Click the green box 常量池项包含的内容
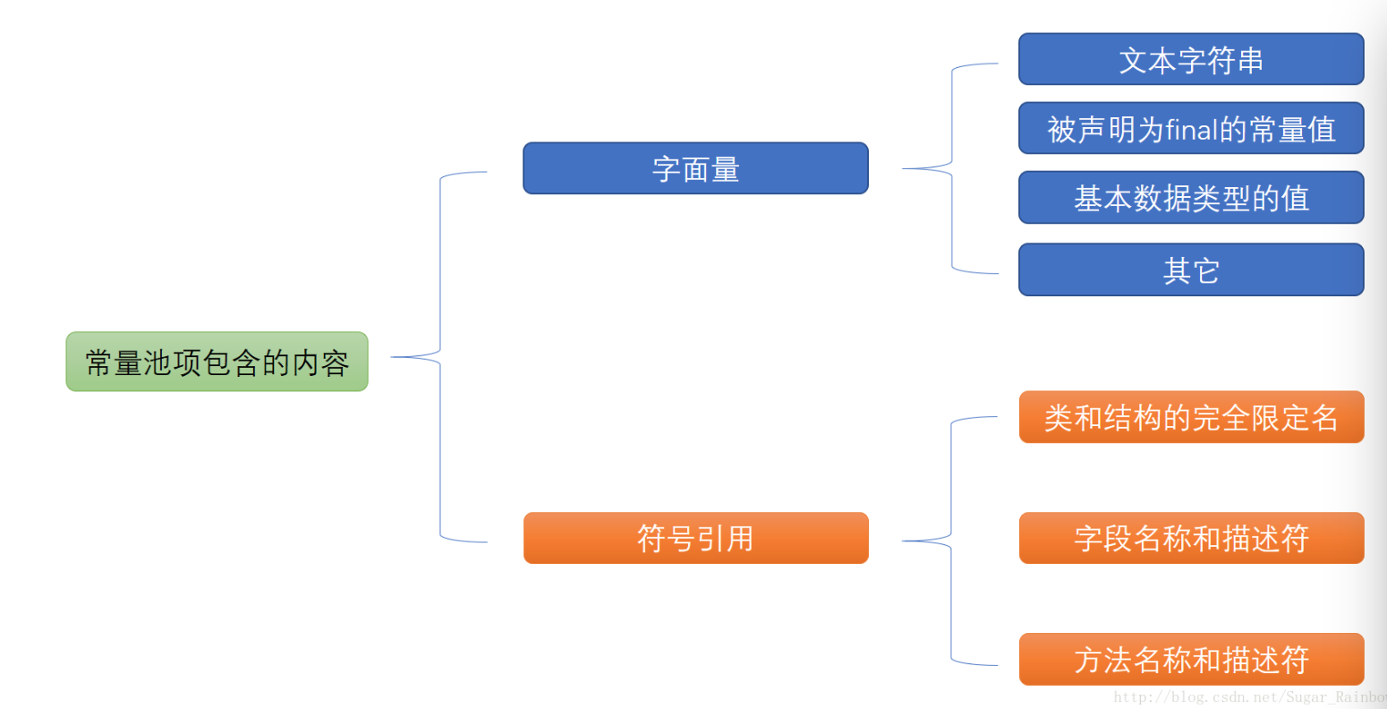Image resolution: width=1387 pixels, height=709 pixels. coord(217,362)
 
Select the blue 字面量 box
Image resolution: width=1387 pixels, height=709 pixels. coord(695,168)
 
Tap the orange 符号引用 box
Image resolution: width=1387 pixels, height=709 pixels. coord(695,538)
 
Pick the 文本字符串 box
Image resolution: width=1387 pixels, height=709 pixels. coord(1191,60)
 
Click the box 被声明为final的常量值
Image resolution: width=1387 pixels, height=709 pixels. coord(1191,129)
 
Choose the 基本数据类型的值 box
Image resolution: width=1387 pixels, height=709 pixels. coord(1191,198)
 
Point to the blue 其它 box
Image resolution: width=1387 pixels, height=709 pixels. coord(1191,269)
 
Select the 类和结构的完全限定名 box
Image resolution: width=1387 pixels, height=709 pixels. coord(1191,417)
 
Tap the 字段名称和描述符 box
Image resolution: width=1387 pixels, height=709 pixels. coord(1191,538)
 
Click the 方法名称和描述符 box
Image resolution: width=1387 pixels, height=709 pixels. coord(1191,660)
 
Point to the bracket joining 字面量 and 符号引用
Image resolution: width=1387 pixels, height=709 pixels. coord(440,357)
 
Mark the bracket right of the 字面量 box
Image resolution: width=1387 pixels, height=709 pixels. coord(951,168)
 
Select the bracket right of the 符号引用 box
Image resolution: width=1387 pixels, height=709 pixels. coord(951,541)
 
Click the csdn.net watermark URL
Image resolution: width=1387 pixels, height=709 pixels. coord(1249,696)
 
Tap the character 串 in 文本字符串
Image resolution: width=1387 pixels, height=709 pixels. coord(1250,61)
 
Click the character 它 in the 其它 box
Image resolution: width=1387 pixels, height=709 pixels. coord(1205,270)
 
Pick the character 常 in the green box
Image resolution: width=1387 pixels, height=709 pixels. coord(99,363)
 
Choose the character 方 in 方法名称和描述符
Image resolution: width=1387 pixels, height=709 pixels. coord(1088,661)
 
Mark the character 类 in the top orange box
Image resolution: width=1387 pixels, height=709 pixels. coord(1059,418)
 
